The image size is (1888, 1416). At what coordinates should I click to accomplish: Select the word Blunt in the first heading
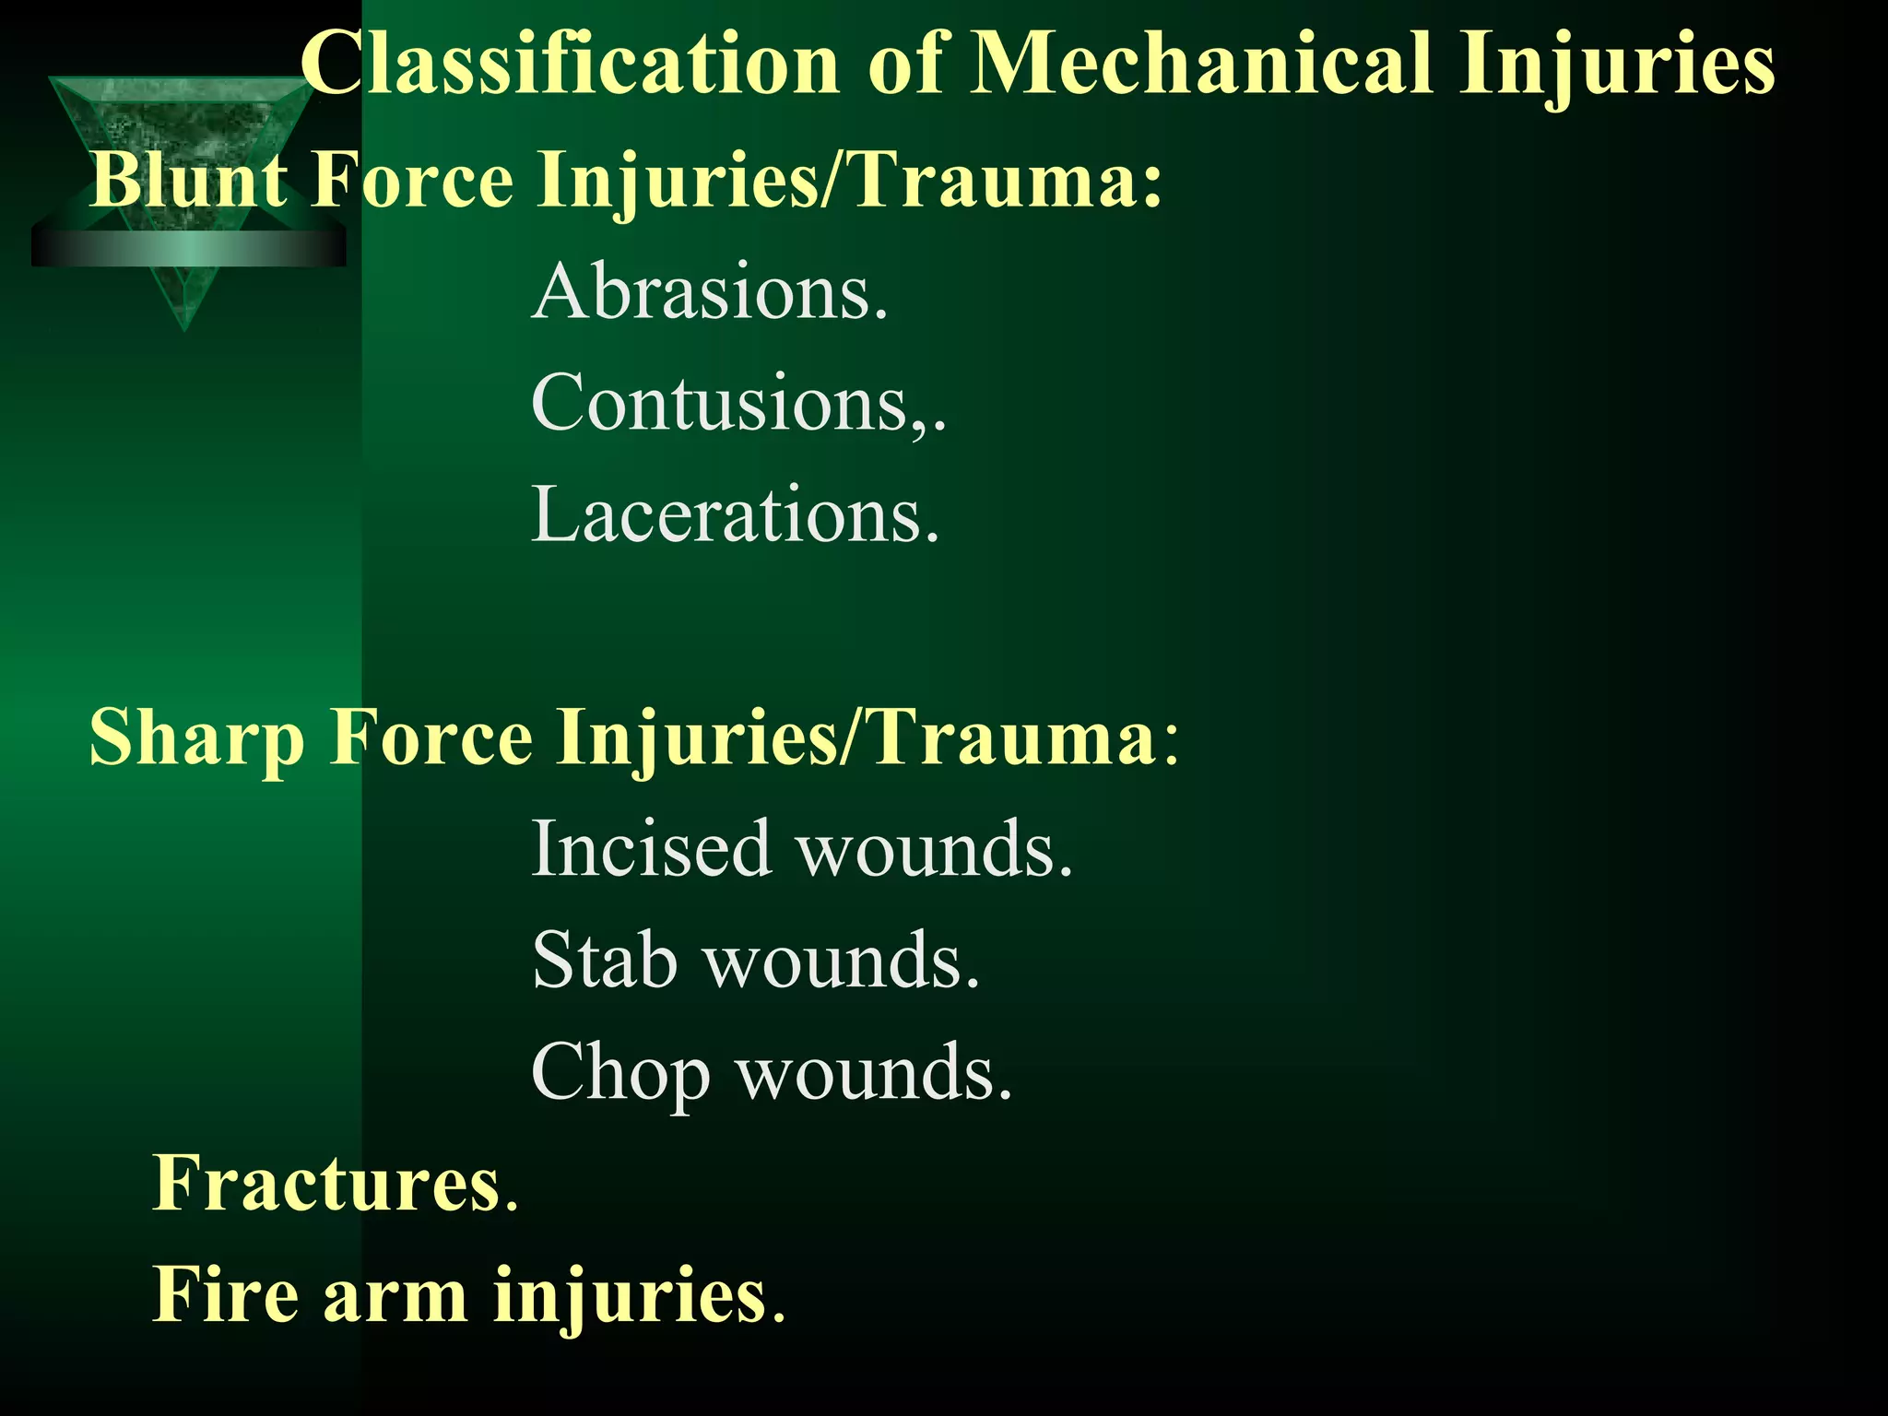pos(188,180)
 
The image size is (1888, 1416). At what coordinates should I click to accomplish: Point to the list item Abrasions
pos(710,292)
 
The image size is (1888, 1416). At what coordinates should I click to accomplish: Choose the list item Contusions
pos(737,404)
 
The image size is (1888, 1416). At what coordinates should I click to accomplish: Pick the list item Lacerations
pos(735,515)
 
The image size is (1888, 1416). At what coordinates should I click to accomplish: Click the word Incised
pos(651,848)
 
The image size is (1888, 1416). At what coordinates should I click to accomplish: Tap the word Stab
pos(605,961)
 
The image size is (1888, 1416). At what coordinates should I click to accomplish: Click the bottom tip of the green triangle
pos(184,328)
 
